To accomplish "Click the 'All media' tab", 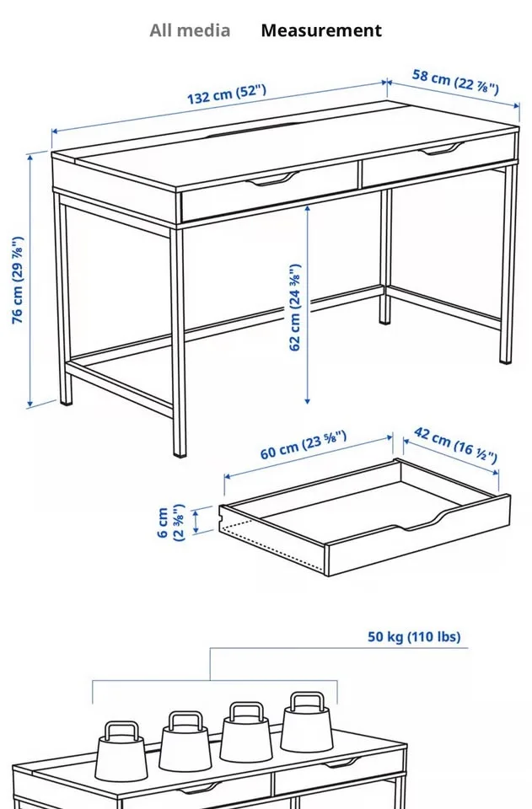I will tap(190, 31).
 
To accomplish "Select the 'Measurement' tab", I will tap(320, 31).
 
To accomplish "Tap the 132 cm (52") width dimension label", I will tap(226, 94).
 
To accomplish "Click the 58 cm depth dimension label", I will tap(455, 82).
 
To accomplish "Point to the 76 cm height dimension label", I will tap(17, 280).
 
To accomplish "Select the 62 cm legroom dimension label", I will tap(295, 308).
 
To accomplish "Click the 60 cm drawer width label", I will tap(303, 446).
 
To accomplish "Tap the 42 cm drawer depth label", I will tap(455, 445).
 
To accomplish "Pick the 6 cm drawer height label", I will tap(170, 522).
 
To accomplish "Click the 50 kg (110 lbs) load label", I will tap(414, 636).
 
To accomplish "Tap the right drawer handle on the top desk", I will tap(442, 150).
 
